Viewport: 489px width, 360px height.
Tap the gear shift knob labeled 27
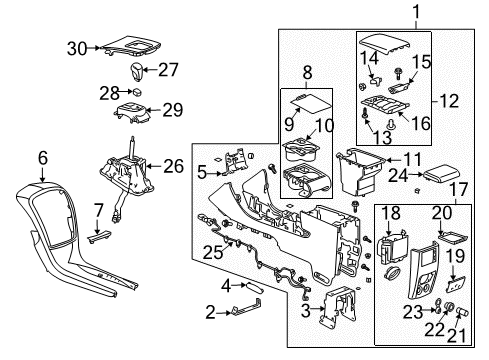(x=138, y=70)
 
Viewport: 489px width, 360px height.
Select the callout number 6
(x=42, y=157)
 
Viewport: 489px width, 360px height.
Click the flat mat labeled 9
(x=307, y=101)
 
